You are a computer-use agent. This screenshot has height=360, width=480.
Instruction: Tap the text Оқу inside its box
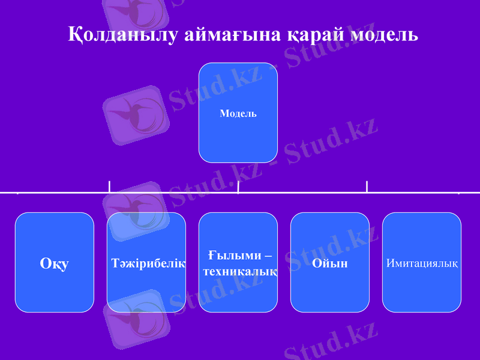click(55, 263)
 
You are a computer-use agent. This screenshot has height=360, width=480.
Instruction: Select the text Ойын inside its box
click(330, 263)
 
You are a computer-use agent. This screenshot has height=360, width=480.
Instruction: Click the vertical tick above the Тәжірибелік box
click(109, 187)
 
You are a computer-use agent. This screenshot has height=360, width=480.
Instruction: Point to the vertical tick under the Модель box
click(238, 187)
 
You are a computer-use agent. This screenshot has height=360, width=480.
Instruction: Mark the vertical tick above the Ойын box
click(367, 187)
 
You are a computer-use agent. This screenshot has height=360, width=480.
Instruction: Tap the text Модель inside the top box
click(238, 113)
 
